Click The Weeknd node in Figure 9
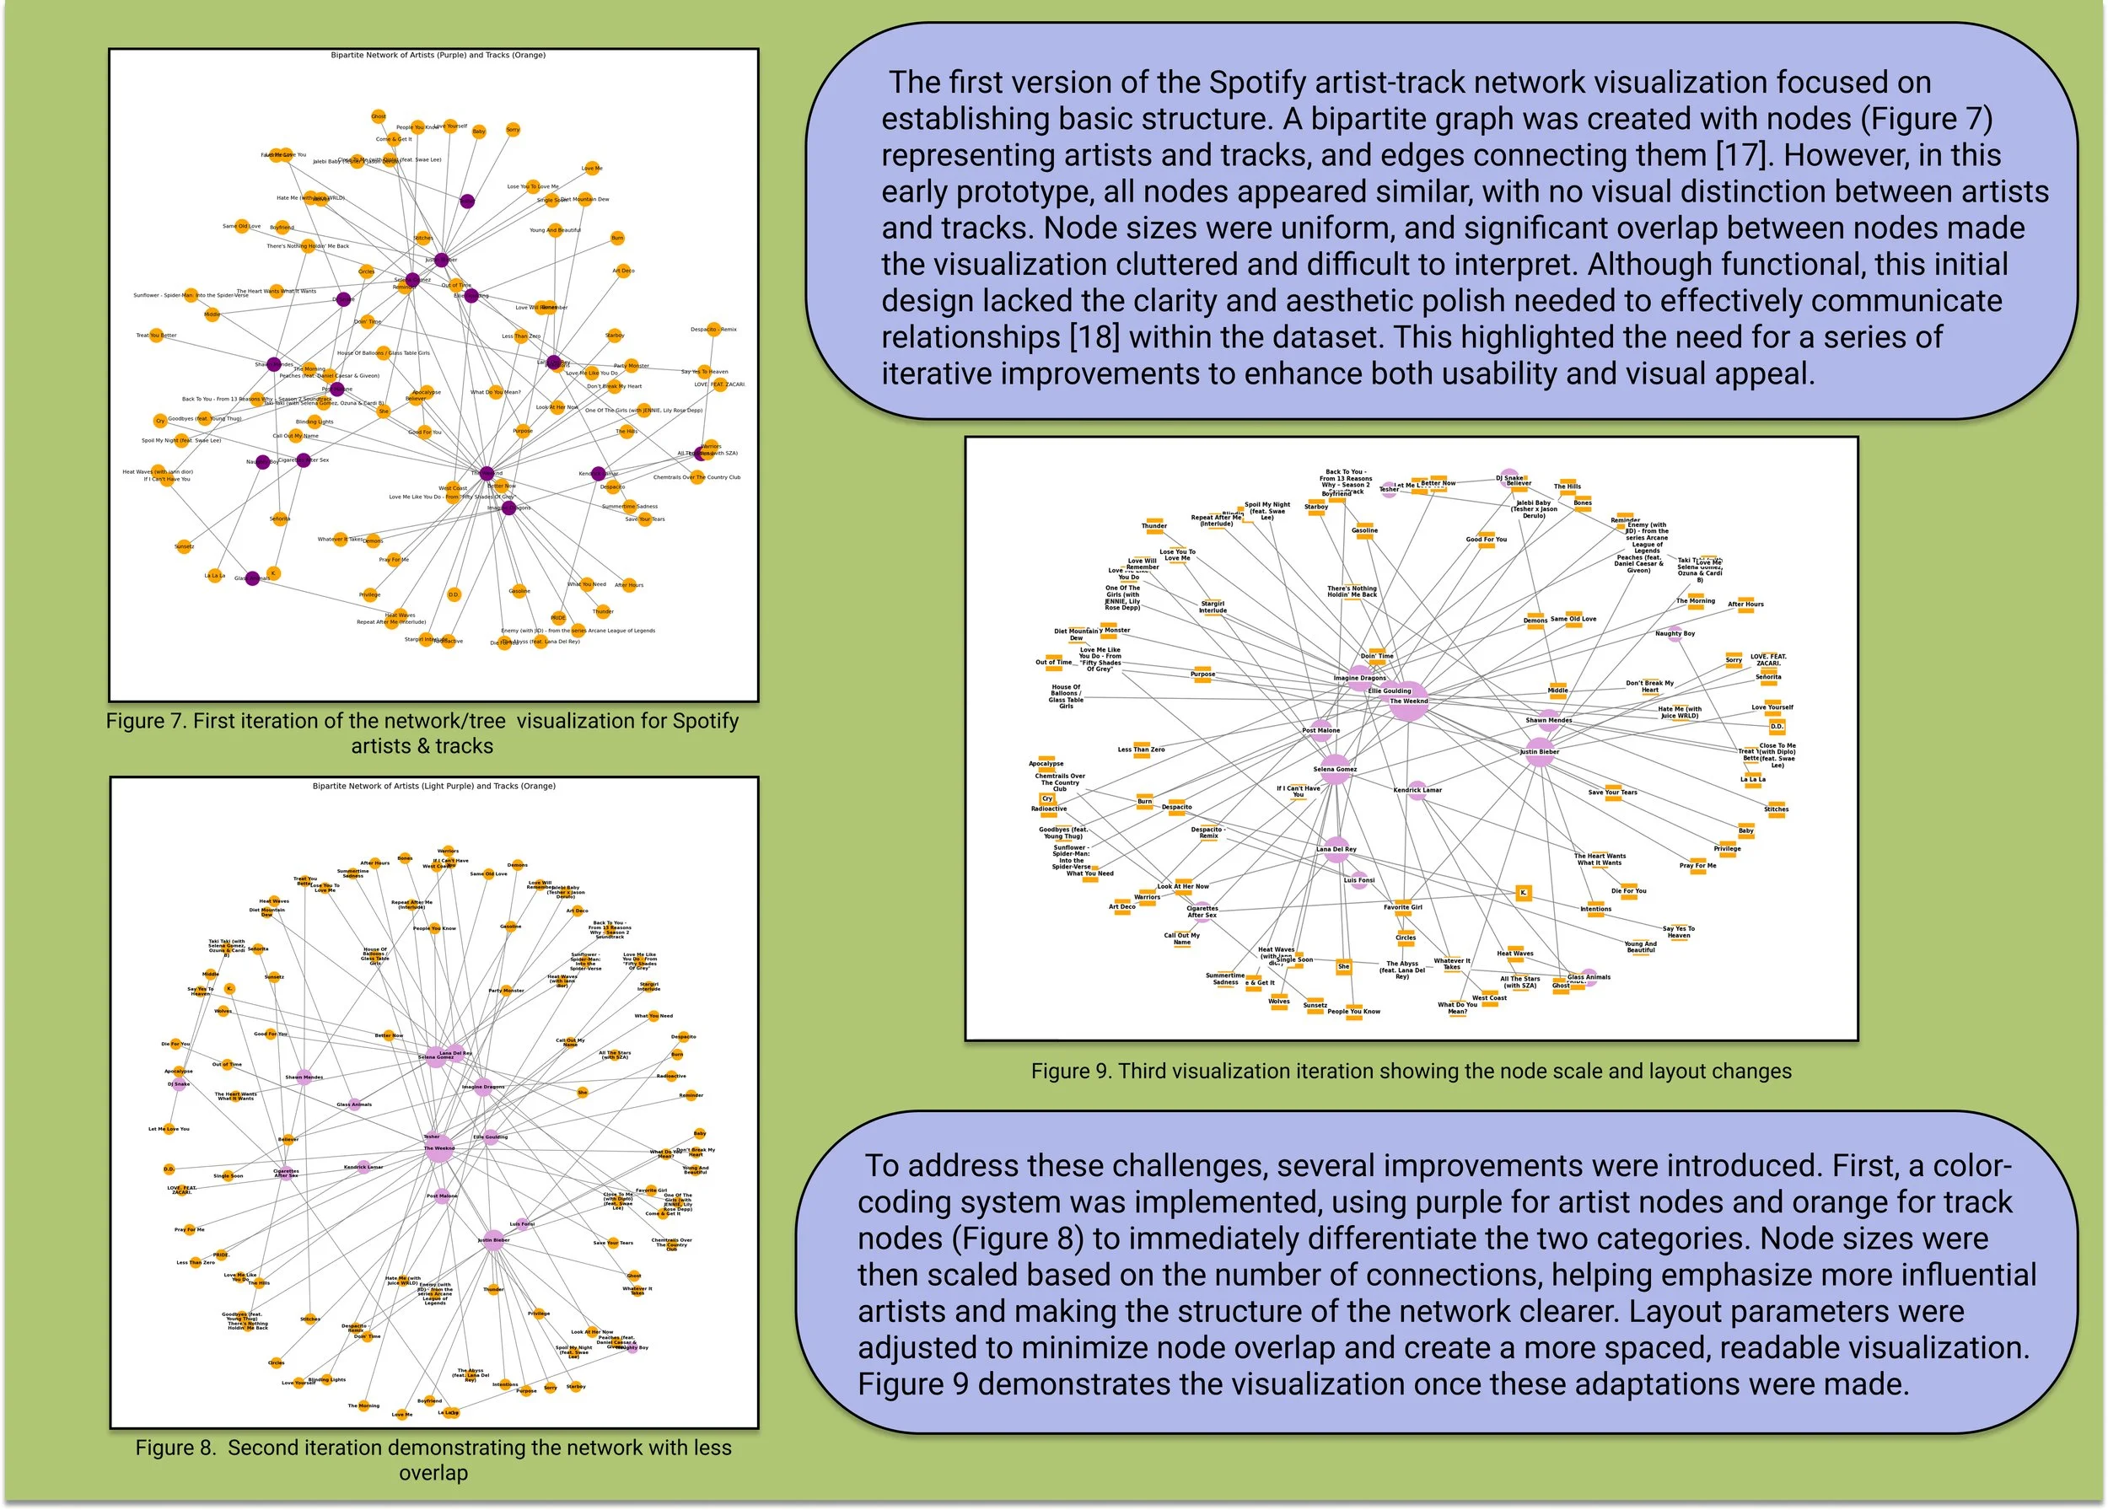tap(1409, 700)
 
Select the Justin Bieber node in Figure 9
tap(1540, 753)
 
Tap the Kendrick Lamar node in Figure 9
tap(1417, 790)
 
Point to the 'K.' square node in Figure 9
tap(1523, 893)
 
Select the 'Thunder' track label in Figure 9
tap(1153, 525)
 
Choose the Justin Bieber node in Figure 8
tap(493, 1240)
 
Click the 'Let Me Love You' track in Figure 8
tap(169, 1129)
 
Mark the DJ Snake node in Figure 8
tap(179, 1084)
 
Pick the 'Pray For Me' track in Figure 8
tap(190, 1229)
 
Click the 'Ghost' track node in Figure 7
tap(379, 116)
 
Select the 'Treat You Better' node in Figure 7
tap(156, 336)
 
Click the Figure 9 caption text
tap(1411, 1072)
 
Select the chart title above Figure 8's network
tap(434, 786)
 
